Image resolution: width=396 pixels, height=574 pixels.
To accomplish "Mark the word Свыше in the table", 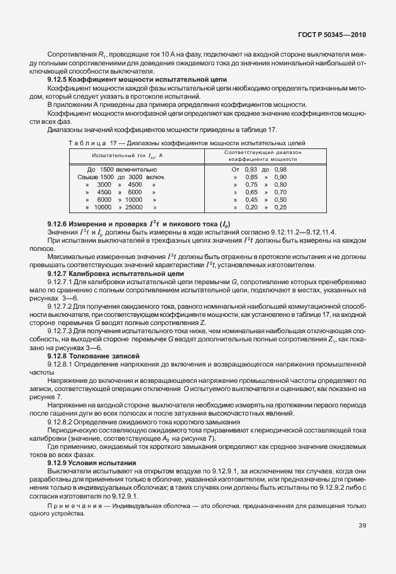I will tap(82, 177).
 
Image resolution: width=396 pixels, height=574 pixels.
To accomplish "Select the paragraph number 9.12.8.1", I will tap(62, 364).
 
